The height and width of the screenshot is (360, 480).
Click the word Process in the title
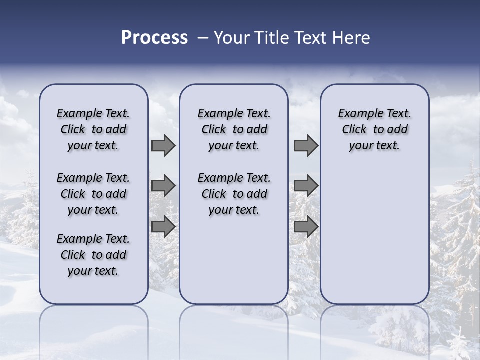coord(154,37)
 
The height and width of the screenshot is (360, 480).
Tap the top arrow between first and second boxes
coord(163,146)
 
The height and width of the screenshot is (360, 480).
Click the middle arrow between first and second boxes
coord(163,186)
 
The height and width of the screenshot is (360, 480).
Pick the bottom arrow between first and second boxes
coord(163,227)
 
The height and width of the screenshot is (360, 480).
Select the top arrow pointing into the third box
coord(306,146)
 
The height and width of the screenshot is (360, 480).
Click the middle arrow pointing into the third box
coord(306,186)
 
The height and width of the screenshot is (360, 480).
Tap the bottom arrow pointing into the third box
coord(306,227)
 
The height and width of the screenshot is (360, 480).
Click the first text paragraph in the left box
coord(93,129)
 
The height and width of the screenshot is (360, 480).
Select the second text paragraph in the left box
coord(93,194)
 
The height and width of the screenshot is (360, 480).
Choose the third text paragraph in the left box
coord(93,255)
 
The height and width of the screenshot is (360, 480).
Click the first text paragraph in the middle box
coord(234,129)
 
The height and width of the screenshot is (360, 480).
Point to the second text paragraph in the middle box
coord(234,194)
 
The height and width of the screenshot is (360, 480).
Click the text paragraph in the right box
coord(374,129)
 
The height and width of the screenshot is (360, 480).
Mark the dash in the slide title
coord(203,38)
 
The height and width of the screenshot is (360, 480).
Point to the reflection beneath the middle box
coord(234,325)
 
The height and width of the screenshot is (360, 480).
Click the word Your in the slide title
coord(231,37)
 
